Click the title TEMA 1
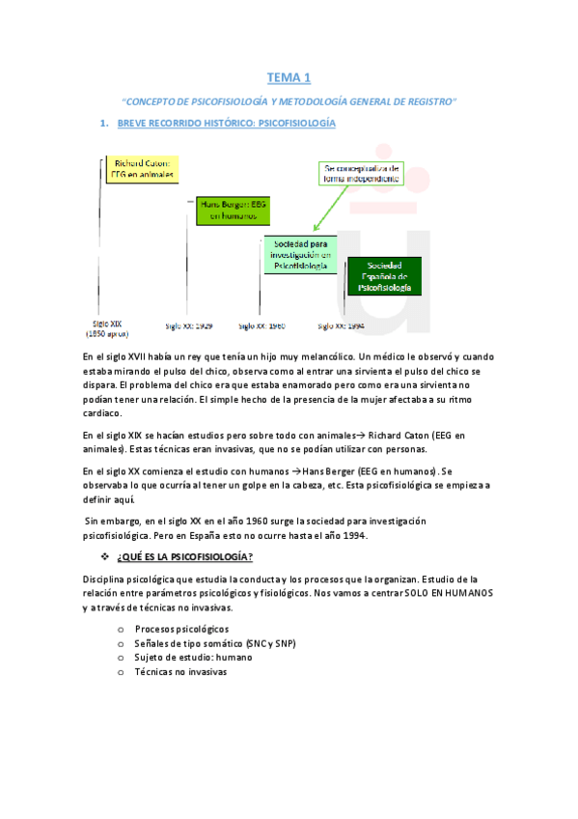[289, 76]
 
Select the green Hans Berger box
[227, 211]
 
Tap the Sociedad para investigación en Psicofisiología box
[300, 254]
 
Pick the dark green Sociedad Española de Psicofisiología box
[383, 276]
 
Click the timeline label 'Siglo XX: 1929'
[189, 326]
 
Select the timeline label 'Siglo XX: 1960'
[261, 326]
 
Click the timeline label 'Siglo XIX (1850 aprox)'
[107, 328]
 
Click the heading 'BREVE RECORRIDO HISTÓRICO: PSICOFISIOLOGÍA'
[226, 124]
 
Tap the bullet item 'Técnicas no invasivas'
[180, 671]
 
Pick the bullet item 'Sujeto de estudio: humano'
[193, 657]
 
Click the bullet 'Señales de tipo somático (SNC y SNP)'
[215, 643]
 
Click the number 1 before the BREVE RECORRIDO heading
[103, 124]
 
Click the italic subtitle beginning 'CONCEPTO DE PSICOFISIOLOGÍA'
[289, 100]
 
